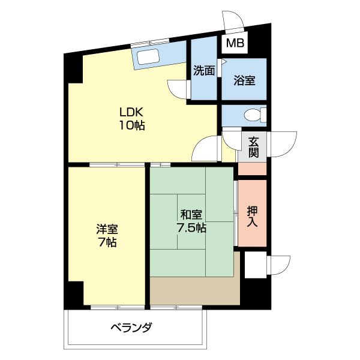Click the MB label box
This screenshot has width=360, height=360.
(x=235, y=43)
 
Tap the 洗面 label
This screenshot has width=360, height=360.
(x=204, y=71)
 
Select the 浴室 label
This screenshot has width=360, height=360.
(x=244, y=80)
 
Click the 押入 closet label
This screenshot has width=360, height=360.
(x=253, y=217)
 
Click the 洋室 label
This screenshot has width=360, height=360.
(x=107, y=229)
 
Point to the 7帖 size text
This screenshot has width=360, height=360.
(x=107, y=242)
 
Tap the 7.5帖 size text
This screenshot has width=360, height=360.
(x=191, y=228)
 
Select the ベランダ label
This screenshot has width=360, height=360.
(x=131, y=328)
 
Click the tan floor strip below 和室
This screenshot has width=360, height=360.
(x=194, y=290)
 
